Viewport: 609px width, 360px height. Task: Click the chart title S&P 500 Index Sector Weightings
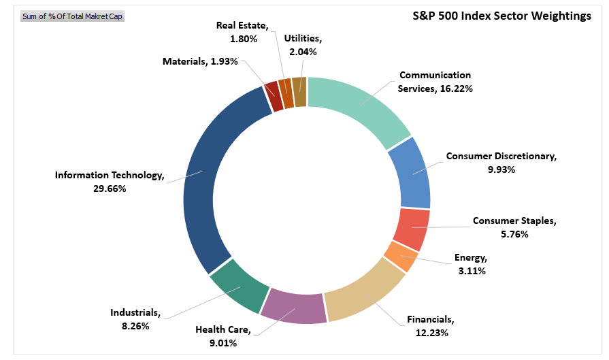[502, 16]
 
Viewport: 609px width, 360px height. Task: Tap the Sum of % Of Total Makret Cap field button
[73, 16]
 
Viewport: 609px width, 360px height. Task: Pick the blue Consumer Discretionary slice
[410, 171]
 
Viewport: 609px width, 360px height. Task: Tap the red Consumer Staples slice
[411, 228]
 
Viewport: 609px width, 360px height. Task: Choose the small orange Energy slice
[400, 257]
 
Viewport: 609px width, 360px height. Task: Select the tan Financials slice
[364, 293]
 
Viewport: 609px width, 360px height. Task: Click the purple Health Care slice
[293, 305]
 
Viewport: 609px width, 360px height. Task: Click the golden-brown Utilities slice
[299, 91]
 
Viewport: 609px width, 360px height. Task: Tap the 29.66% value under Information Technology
[110, 188]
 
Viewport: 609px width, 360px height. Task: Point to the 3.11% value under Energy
[472, 270]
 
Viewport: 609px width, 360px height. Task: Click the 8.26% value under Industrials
[135, 326]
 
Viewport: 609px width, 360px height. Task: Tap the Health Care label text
[223, 330]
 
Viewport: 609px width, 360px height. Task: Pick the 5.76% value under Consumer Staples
[514, 233]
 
